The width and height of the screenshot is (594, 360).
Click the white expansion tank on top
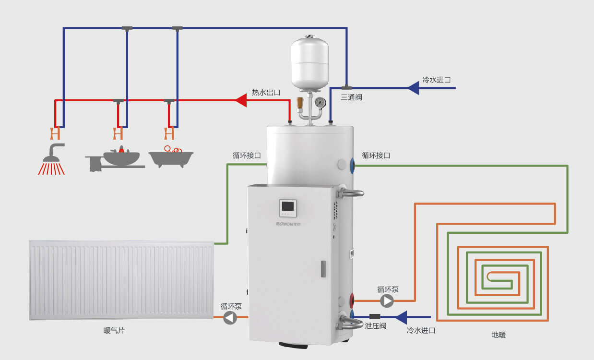pos(309,62)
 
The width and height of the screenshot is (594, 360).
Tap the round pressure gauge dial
pos(320,102)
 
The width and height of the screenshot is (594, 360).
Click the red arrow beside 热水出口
pos(241,100)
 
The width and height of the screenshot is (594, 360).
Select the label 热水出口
pos(266,92)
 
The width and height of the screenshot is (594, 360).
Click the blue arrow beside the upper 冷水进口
pos(413,88)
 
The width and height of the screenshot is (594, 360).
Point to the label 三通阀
pos(351,97)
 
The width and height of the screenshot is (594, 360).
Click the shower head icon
pos(52,158)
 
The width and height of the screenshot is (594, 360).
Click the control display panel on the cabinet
pos(288,207)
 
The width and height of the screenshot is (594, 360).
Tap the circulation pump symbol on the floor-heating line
pos(387,301)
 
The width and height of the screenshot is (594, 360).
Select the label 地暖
pos(499,335)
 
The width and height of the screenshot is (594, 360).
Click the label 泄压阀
pos(376,326)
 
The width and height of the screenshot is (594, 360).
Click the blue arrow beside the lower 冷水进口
pos(401,317)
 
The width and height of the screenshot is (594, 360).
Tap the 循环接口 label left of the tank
pos(247,156)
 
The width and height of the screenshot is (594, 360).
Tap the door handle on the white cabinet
pos(323,269)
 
